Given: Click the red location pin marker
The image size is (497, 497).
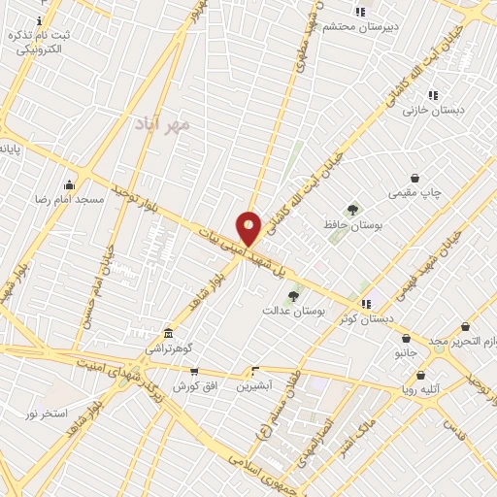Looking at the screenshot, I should pyautogui.click(x=248, y=228).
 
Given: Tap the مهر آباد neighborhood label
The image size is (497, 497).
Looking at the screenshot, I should pyautogui.click(x=162, y=124).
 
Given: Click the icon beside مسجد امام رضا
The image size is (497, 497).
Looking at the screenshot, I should pyautogui.click(x=69, y=184).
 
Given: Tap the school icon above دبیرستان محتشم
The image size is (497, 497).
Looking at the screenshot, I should pyautogui.click(x=360, y=12).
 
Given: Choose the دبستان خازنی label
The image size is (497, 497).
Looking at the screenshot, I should pyautogui.click(x=434, y=111).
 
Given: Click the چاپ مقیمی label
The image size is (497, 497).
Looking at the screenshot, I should pyautogui.click(x=414, y=193).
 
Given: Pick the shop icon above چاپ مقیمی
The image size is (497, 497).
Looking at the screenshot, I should pyautogui.click(x=415, y=178).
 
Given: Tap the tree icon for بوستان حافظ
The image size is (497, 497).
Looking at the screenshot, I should pyautogui.click(x=352, y=209).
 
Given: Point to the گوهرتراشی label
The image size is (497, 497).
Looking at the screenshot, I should pyautogui.click(x=170, y=347).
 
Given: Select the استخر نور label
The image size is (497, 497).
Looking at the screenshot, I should pyautogui.click(x=47, y=414).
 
